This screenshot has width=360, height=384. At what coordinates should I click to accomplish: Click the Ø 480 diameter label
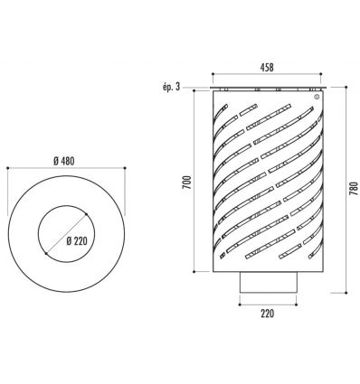coord(64,162)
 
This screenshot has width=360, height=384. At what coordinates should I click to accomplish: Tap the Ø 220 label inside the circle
coord(77,241)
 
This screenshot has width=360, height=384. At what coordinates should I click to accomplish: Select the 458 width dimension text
coord(267,68)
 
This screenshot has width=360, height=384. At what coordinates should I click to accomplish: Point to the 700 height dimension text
coord(187,183)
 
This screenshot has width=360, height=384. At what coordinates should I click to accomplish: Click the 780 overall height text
coord(353,188)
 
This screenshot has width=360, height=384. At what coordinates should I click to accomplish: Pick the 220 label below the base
coord(268,314)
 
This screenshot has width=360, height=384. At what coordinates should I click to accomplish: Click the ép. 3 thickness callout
coord(171,87)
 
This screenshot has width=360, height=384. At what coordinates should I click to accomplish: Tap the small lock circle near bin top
coord(317,97)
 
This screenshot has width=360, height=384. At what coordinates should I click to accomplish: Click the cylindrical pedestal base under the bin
coord(269,282)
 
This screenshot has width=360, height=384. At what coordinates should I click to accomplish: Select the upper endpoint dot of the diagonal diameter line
coord(86,214)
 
